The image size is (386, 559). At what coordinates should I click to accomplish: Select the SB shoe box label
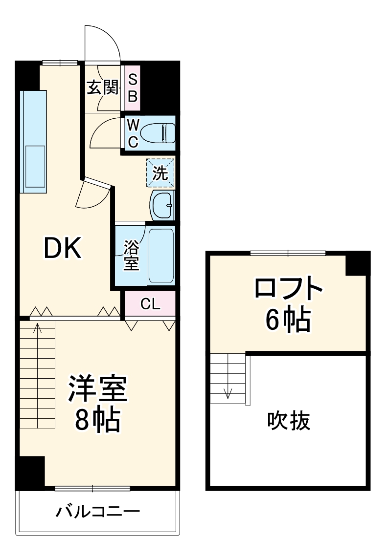click(x=133, y=88)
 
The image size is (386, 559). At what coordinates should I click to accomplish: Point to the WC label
click(x=133, y=132)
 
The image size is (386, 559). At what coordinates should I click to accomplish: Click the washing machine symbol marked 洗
click(x=160, y=173)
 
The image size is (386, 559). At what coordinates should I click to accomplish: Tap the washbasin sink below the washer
click(x=162, y=205)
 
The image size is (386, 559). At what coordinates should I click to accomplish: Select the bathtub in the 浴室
click(x=161, y=255)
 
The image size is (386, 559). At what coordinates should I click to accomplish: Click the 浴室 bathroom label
click(x=131, y=255)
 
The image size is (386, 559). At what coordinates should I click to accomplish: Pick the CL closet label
click(x=150, y=304)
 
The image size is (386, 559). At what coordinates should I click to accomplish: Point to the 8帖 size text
click(x=98, y=418)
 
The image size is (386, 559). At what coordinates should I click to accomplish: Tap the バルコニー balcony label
click(x=98, y=513)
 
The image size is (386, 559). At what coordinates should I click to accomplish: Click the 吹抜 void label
click(x=289, y=420)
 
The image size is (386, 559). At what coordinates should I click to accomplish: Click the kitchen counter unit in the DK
click(x=34, y=141)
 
